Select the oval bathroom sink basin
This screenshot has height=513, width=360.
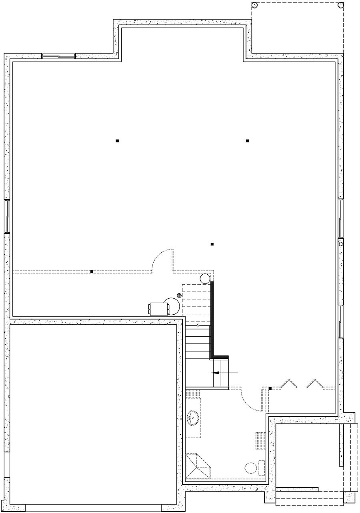193,418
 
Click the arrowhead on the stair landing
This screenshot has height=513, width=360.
214,373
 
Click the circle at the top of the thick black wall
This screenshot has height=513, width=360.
205,278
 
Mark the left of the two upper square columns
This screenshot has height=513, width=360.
117,141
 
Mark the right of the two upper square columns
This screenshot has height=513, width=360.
248,141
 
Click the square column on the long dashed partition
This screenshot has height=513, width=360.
92,272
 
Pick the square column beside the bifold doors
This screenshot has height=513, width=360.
270,388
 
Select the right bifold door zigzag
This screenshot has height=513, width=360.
315,383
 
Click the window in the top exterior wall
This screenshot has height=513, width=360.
59,56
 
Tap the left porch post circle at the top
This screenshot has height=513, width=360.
255,5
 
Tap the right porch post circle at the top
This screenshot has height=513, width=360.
340,5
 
